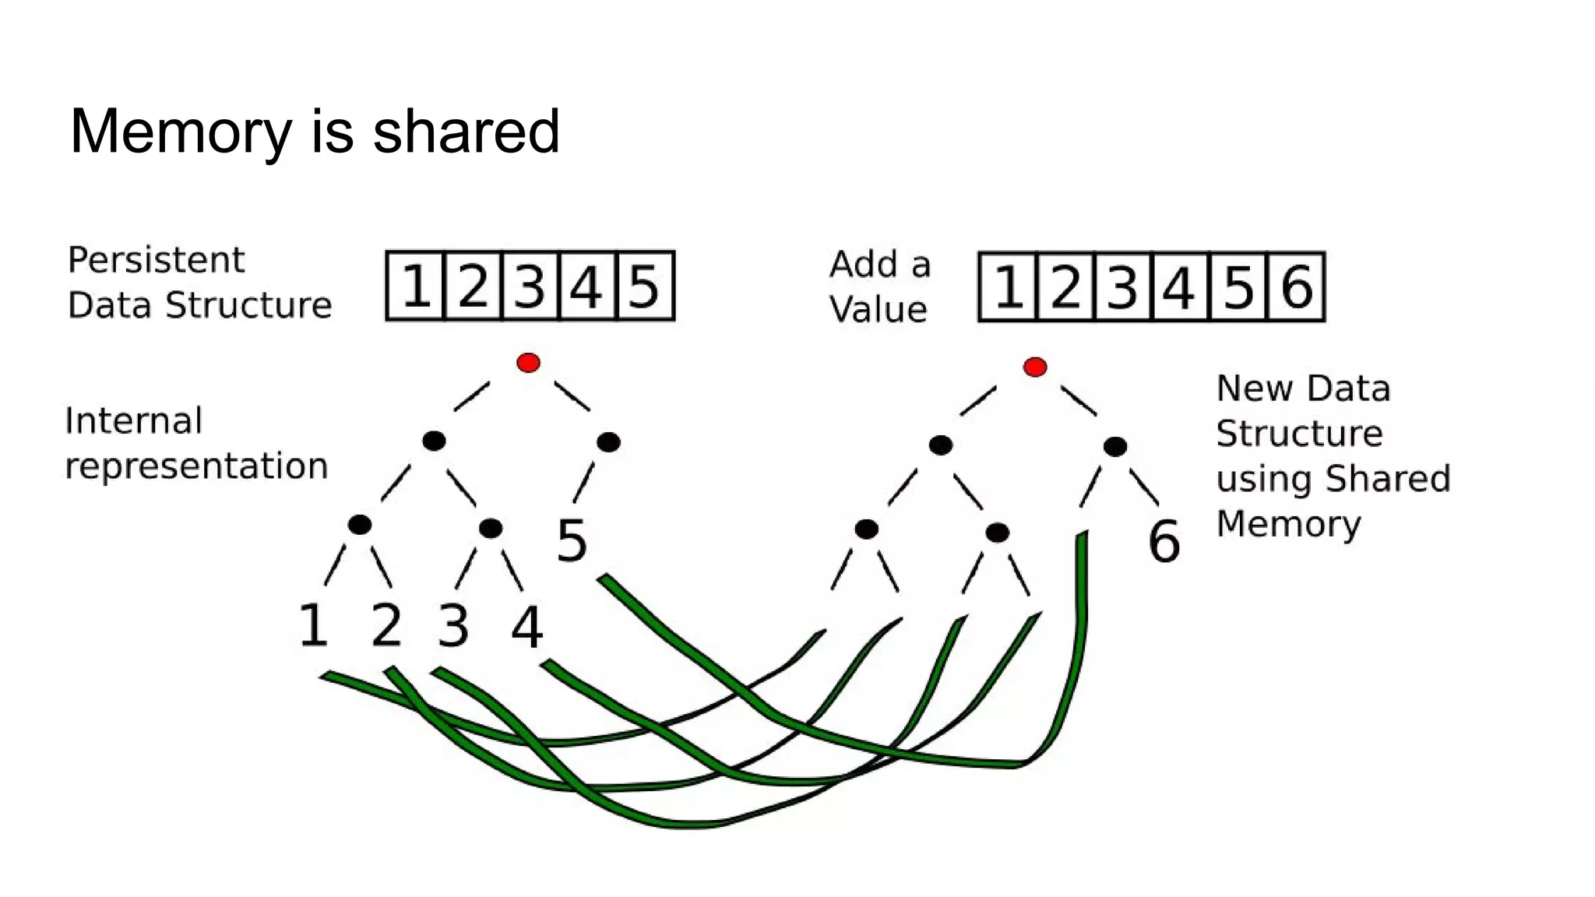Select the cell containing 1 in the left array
(416, 286)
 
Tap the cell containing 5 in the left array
(644, 286)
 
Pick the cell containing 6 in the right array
(1296, 287)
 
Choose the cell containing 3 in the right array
(1122, 287)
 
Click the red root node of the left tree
(528, 363)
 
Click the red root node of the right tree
(1034, 367)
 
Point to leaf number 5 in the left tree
(572, 541)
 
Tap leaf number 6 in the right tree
(1164, 542)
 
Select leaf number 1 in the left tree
(313, 625)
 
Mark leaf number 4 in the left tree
(526, 628)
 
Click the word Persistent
(156, 260)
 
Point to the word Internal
(134, 421)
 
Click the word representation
(196, 466)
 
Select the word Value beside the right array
(878, 310)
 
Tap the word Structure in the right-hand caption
(1299, 434)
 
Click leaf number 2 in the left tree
(386, 625)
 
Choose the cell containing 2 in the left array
(473, 286)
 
